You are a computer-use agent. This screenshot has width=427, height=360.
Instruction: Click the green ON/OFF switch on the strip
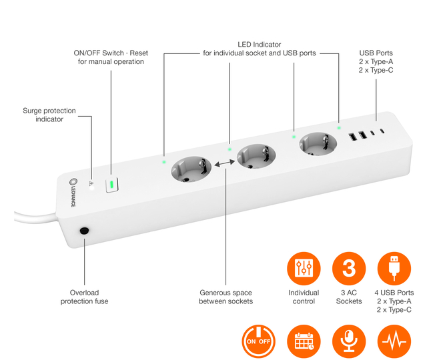111,185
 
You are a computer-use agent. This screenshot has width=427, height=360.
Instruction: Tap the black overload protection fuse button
85,231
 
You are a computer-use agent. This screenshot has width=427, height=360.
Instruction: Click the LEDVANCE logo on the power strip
73,193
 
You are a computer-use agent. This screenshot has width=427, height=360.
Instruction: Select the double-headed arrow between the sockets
225,163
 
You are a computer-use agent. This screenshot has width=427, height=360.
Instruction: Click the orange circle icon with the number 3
349,269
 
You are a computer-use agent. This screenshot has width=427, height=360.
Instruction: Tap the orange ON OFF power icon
258,341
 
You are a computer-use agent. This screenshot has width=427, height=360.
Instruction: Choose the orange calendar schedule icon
304,341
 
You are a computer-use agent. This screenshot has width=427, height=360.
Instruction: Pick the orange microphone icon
349,341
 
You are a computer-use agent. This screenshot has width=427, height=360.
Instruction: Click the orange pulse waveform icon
394,341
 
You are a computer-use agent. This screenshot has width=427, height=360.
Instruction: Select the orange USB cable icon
394,269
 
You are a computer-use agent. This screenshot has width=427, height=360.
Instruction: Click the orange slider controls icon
304,269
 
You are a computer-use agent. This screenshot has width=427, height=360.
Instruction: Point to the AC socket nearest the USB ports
318,144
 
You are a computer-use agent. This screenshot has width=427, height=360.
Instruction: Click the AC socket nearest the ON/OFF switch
191,169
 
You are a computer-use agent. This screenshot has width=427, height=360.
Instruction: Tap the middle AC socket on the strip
256,157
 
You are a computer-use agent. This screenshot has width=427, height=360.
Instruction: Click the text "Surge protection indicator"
49,115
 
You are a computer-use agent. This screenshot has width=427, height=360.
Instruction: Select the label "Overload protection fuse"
85,297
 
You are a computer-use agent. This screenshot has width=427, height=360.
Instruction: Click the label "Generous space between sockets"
226,297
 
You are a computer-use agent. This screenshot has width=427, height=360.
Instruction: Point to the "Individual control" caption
304,297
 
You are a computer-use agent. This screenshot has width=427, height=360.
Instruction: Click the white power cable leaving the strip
35,218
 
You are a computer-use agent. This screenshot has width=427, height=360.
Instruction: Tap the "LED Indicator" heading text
260,45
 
